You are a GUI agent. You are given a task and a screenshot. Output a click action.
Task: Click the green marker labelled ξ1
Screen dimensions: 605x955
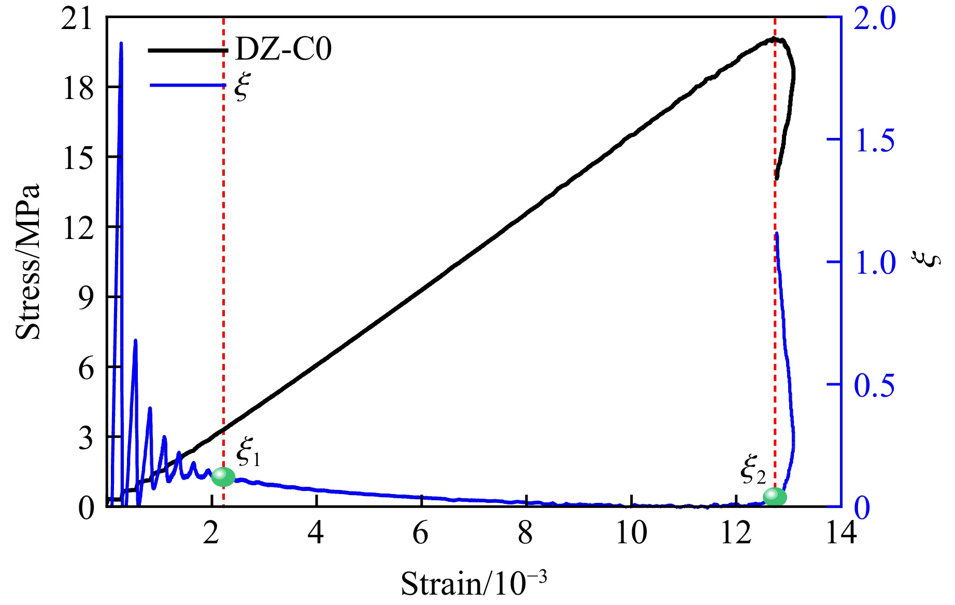coord(223,476)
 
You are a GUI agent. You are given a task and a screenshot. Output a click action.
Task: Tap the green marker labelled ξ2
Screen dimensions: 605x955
coord(775,497)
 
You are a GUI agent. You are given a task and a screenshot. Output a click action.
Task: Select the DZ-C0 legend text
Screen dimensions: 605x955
coord(283,50)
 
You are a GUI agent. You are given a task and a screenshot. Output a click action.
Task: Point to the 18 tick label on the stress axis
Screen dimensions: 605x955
coord(78,88)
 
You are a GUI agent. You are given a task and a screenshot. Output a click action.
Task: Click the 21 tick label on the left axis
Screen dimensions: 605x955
coord(78,19)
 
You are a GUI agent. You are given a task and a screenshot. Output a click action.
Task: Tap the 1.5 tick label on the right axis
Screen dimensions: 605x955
coord(875,140)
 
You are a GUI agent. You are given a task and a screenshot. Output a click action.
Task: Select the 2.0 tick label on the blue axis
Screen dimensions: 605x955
coord(875,19)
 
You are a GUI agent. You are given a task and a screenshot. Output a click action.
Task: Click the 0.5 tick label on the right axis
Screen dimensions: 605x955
coord(875,385)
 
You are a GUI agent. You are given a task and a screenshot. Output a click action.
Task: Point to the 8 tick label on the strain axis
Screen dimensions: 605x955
coord(525,532)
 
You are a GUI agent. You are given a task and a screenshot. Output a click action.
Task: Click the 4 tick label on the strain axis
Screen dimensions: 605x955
coord(316,532)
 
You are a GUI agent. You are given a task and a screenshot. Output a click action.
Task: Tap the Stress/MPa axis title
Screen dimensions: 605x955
coord(28,262)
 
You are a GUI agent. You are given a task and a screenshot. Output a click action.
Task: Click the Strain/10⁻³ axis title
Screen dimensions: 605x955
coord(474,583)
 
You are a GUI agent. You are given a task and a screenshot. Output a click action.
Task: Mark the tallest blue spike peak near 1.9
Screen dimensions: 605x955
coord(121,44)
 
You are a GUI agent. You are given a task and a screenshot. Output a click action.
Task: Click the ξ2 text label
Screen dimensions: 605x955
coord(752,471)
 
